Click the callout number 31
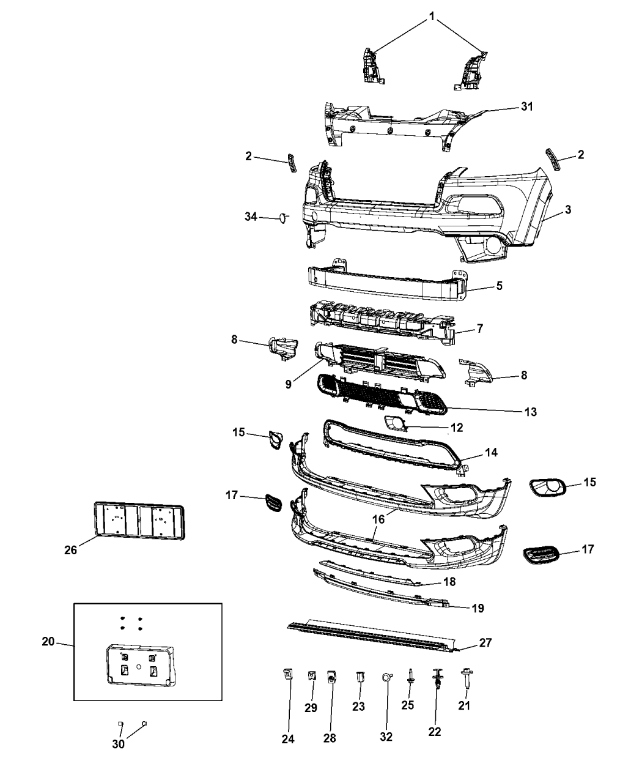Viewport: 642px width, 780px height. coord(527,106)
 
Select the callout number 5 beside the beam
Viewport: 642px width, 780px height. coord(500,286)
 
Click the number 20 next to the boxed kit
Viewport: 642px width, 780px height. coord(48,642)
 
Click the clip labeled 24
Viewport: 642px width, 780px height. coord(287,675)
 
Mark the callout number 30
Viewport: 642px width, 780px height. coord(119,744)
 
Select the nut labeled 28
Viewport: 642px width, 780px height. coord(332,677)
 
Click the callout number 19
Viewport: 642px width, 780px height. coord(478,608)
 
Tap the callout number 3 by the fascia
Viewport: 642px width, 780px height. coord(568,210)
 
